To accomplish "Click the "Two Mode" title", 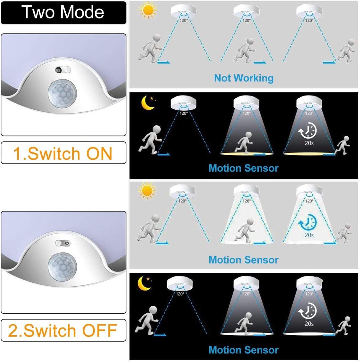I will click(x=63, y=12).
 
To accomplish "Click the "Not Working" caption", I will click(x=244, y=78).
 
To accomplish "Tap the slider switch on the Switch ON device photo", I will click(x=63, y=70).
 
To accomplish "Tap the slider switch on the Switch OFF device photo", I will click(x=63, y=244).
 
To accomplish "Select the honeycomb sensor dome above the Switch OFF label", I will click(x=62, y=267).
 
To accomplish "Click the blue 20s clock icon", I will click(x=308, y=222).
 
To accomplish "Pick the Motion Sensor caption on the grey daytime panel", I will click(x=243, y=260).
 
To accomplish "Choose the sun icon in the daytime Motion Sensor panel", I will click(x=147, y=191).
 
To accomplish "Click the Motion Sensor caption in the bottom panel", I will click(x=243, y=350).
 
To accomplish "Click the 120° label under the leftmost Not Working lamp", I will click(x=183, y=20).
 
